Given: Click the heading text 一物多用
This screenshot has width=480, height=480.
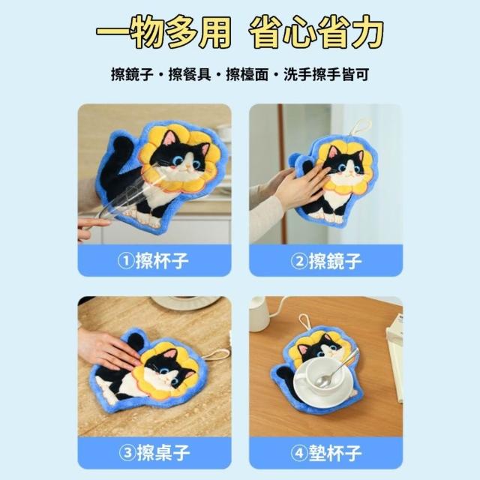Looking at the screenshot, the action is (x=163, y=32).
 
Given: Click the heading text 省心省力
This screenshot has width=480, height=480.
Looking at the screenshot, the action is (x=316, y=32).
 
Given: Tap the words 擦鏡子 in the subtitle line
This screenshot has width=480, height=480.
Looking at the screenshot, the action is (x=132, y=74).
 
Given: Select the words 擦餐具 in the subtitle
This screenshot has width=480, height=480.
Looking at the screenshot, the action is (x=190, y=74).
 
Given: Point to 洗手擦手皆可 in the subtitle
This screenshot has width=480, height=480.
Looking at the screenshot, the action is (x=326, y=74).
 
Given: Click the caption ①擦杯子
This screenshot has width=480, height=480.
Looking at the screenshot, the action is (x=153, y=261).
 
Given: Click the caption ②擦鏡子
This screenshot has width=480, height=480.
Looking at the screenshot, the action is (x=326, y=261).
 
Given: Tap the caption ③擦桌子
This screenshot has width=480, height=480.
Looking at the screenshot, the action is (x=154, y=453).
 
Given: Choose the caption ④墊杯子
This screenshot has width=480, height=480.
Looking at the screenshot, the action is (x=326, y=453).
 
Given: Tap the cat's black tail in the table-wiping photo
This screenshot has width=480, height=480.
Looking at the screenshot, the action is (x=136, y=340).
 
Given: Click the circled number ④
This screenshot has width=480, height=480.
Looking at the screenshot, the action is (x=298, y=453).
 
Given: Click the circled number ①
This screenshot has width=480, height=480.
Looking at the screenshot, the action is (x=125, y=261).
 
